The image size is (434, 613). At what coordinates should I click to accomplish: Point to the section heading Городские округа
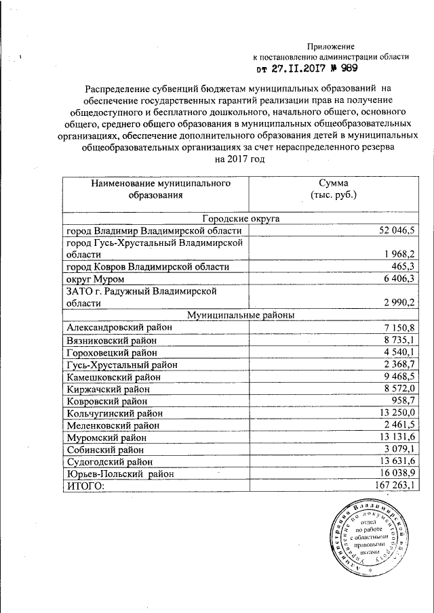241,218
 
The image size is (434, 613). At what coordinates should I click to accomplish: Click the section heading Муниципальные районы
241,314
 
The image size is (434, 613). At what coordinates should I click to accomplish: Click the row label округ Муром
95,279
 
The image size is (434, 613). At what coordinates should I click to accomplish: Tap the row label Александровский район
119,327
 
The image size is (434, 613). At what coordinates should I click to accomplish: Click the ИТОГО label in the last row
86,486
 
